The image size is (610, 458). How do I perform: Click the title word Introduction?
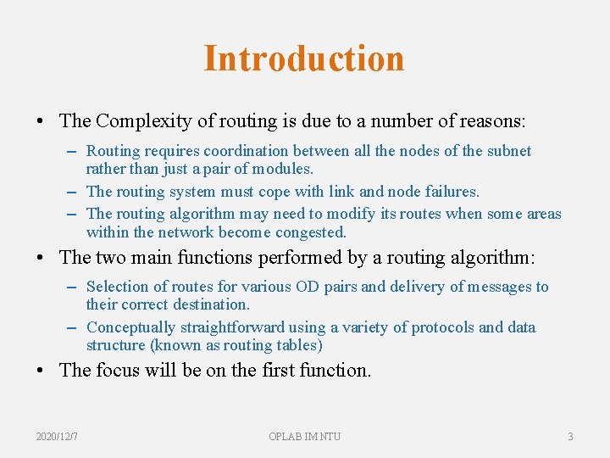pyautogui.click(x=304, y=59)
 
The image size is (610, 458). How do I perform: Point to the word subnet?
pyautogui.click(x=507, y=151)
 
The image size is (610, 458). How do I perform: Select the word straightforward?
pyautogui.click(x=232, y=327)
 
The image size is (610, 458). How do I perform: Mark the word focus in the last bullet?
pyautogui.click(x=119, y=370)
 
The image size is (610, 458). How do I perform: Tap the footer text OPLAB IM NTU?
pyautogui.click(x=304, y=436)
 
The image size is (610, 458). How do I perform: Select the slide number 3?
pyautogui.click(x=570, y=436)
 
